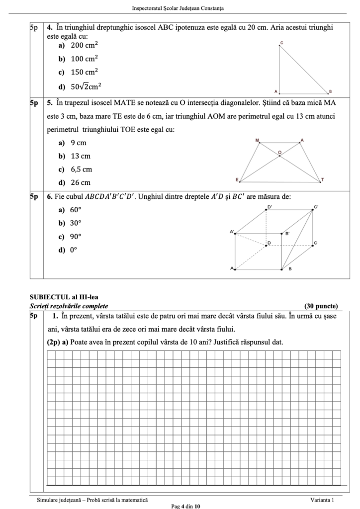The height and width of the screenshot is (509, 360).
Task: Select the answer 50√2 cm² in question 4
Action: click(x=86, y=86)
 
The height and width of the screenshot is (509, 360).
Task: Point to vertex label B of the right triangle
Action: click(x=330, y=92)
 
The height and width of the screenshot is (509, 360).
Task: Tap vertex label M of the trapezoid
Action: click(x=257, y=141)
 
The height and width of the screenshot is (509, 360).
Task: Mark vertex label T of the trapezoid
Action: click(x=322, y=179)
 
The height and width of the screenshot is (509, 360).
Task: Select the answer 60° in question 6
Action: click(x=75, y=210)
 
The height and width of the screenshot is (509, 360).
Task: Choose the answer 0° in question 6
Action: click(x=73, y=250)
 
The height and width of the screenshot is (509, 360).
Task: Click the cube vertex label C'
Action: click(x=316, y=206)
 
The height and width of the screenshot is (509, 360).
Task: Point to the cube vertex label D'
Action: click(x=270, y=206)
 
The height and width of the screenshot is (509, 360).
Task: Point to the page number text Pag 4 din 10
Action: click(x=185, y=506)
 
